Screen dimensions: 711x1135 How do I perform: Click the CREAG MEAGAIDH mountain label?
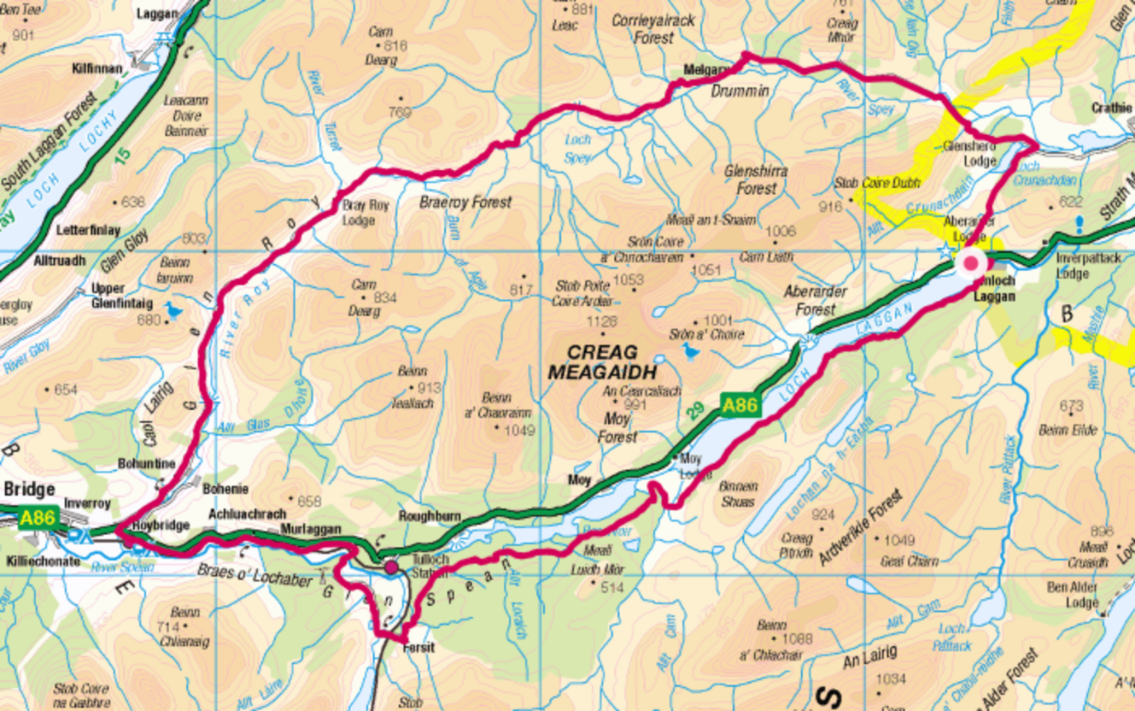[x=602, y=362]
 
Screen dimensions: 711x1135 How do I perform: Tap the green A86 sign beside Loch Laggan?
[x=740, y=406]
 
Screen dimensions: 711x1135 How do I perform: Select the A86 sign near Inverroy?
[x=38, y=517]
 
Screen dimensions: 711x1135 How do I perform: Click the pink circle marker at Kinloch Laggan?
[x=971, y=263]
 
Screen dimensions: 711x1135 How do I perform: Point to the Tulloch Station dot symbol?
[x=391, y=567]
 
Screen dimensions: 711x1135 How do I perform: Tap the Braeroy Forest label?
[x=465, y=203]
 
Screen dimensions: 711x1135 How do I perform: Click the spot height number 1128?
[x=601, y=322]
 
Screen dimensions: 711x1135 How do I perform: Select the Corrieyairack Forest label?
[x=653, y=29]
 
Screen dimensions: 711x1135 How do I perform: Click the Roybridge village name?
[x=162, y=525]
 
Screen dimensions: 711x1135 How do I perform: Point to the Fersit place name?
[x=419, y=648]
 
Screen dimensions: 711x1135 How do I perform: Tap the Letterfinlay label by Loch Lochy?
[x=88, y=231]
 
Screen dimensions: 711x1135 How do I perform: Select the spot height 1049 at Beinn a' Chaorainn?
[x=518, y=431]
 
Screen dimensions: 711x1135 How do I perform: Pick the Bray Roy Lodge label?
[x=365, y=213]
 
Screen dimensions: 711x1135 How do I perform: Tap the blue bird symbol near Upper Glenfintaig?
[x=173, y=310]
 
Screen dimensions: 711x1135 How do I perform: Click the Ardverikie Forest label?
[x=860, y=527]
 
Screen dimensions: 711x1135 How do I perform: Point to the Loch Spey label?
[x=577, y=149]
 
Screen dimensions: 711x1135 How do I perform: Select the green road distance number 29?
[x=696, y=410]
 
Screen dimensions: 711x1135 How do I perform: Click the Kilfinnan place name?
[x=97, y=69]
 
